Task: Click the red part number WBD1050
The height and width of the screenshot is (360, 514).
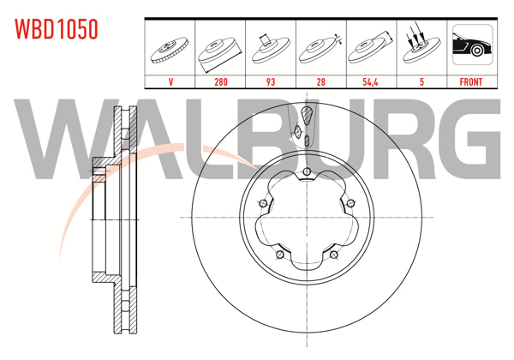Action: (56, 29)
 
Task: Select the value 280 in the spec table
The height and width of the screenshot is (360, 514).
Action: (221, 81)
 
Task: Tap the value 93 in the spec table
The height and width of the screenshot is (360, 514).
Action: (271, 81)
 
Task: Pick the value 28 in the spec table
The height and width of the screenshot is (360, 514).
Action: (321, 81)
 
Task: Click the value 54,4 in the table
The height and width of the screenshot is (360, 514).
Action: (370, 81)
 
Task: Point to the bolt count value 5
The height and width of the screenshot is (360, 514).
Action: (421, 81)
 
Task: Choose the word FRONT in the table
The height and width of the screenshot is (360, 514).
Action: (470, 81)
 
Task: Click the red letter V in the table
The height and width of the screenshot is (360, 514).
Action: (170, 81)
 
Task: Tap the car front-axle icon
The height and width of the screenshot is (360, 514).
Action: (472, 45)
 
